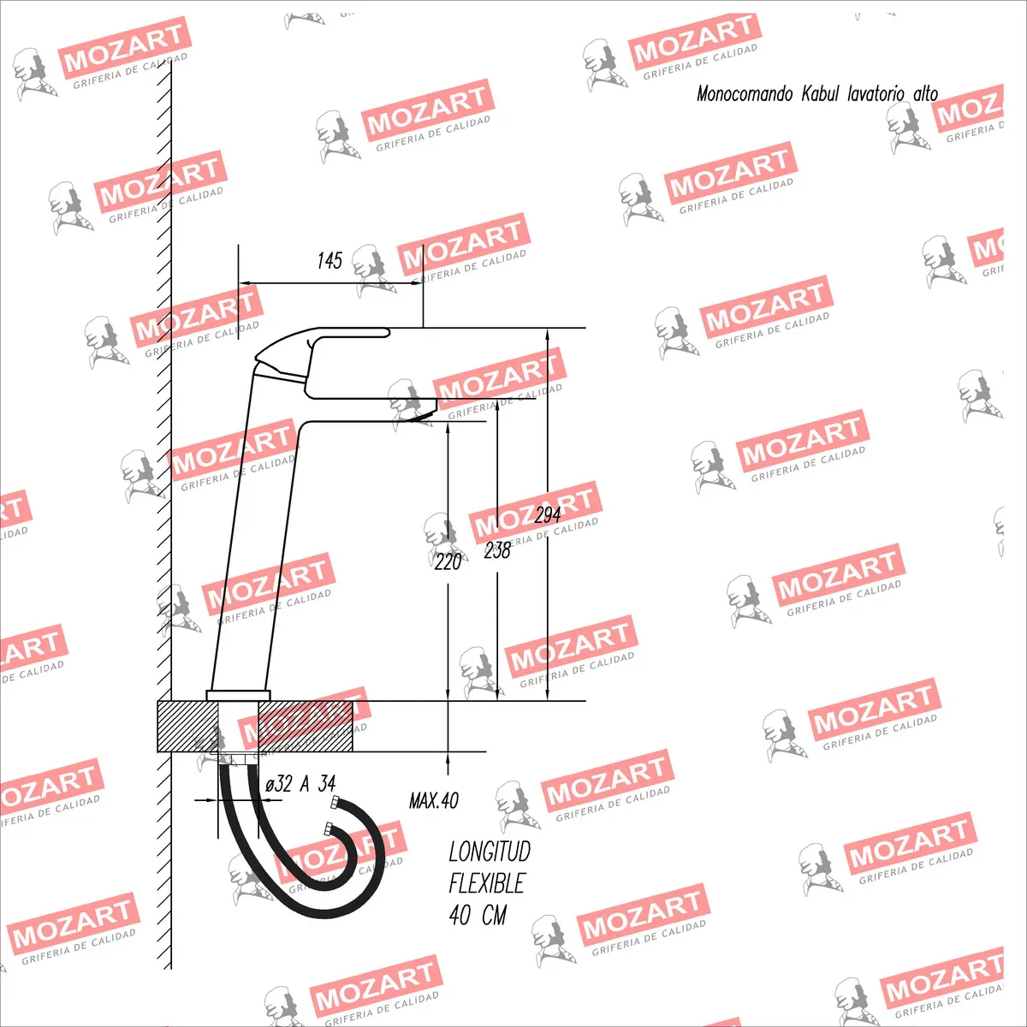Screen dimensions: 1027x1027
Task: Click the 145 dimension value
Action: pyautogui.click(x=329, y=261)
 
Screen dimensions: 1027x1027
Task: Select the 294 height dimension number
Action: pyautogui.click(x=548, y=515)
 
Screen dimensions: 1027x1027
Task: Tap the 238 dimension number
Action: pyautogui.click(x=497, y=550)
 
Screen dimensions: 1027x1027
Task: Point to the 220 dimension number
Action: pyautogui.click(x=448, y=561)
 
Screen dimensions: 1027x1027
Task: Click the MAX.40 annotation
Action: pyautogui.click(x=434, y=800)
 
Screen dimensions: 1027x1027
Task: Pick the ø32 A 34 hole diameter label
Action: pyautogui.click(x=300, y=783)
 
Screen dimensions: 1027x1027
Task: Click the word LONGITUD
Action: pyautogui.click(x=490, y=851)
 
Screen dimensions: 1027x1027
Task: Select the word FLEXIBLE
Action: pyautogui.click(x=487, y=883)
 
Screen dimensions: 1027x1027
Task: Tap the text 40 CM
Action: pyautogui.click(x=478, y=915)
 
